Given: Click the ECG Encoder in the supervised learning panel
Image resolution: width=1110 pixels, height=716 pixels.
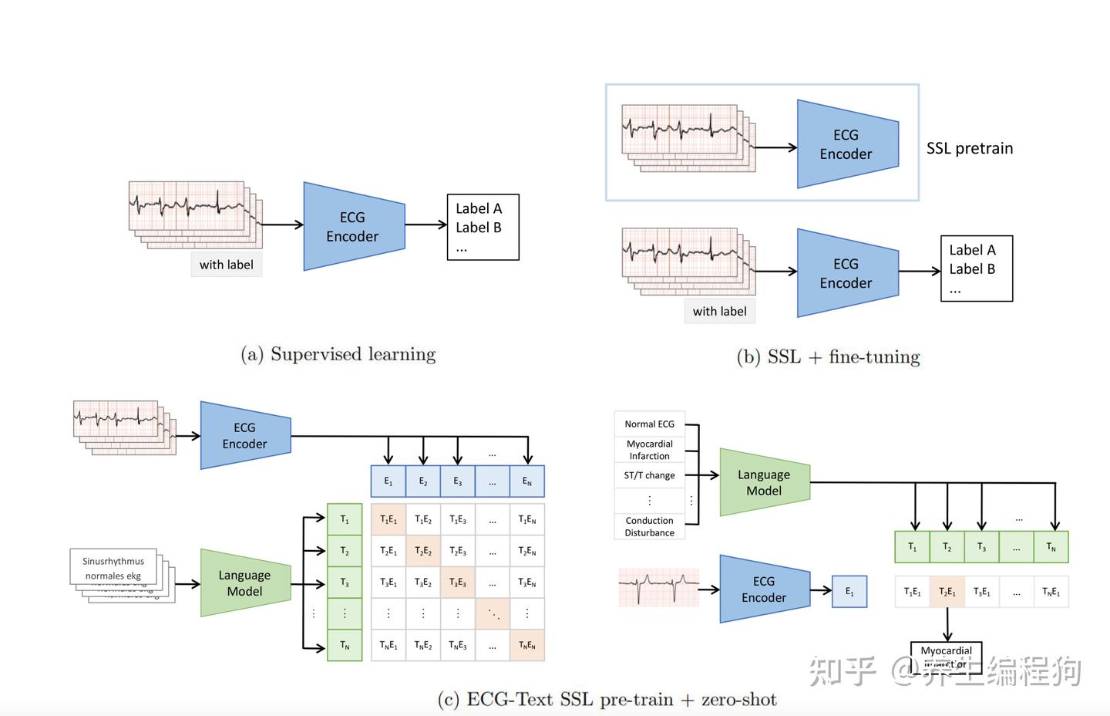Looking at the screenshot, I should (x=353, y=227).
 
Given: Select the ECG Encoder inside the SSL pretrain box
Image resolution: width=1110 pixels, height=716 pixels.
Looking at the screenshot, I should (x=846, y=144).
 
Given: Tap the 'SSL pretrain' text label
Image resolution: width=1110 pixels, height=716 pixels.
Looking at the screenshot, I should (x=969, y=148).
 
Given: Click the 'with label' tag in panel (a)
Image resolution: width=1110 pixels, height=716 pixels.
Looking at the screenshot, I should (x=226, y=265).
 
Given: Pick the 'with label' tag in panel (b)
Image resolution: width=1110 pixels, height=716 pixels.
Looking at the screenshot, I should (x=719, y=311).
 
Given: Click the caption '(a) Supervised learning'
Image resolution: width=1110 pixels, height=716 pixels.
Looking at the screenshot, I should (x=338, y=354).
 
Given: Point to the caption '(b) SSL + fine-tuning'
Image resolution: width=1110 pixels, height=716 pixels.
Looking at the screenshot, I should (x=829, y=356).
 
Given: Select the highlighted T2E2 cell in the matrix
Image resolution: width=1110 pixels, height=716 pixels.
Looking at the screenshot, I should (x=423, y=551).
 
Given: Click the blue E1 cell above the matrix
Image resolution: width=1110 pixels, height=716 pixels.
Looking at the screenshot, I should (x=388, y=481).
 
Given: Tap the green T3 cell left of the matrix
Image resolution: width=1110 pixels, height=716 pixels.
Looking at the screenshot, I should (x=345, y=583).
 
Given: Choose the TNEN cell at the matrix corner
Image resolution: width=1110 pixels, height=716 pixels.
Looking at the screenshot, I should (x=527, y=645).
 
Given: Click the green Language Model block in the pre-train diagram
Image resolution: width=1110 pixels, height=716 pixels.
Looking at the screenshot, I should (x=244, y=583).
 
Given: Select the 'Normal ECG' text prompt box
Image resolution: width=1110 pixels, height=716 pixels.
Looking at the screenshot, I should (x=649, y=424).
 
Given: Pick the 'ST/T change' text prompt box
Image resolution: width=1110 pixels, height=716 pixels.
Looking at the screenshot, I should (x=649, y=475).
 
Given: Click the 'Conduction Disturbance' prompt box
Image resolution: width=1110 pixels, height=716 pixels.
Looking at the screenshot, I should (x=649, y=526).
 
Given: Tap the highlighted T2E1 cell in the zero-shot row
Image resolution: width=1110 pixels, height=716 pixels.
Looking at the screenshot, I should (x=947, y=592).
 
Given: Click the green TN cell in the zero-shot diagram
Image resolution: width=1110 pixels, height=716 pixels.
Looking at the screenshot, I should (x=1051, y=546).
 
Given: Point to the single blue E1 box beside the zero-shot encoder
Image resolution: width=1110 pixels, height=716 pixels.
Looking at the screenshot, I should (x=849, y=592).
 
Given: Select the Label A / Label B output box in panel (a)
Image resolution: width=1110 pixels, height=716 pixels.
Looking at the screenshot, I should (x=483, y=227).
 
